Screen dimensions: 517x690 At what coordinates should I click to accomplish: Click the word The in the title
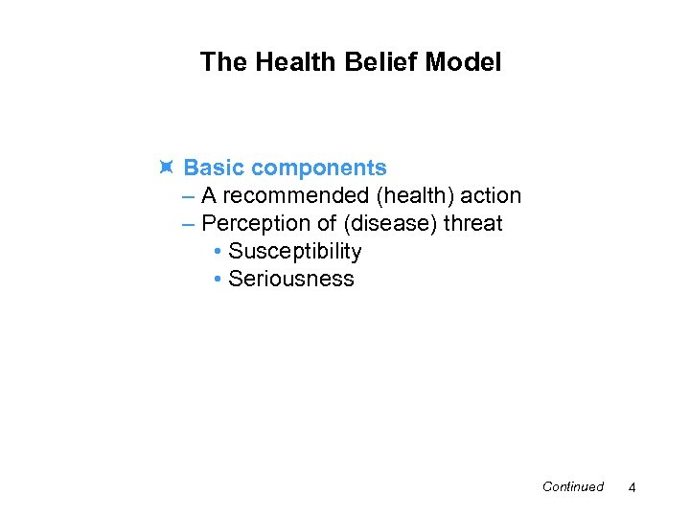tap(221, 63)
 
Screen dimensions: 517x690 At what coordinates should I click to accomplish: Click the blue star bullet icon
tap(166, 169)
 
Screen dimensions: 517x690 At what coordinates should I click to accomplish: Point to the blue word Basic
tap(215, 169)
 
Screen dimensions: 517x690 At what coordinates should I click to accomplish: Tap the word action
tap(491, 196)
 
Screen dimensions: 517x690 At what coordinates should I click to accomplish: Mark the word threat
tap(471, 224)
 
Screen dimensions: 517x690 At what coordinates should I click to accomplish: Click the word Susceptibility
tap(294, 252)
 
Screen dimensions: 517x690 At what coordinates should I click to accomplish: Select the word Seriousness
tap(290, 280)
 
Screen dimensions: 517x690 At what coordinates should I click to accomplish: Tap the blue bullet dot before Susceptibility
tap(218, 253)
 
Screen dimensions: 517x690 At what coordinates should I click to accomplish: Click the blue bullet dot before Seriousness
tap(218, 281)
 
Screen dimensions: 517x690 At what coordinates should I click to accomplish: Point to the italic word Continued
tap(572, 487)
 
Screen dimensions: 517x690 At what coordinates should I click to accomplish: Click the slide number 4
tap(632, 488)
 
